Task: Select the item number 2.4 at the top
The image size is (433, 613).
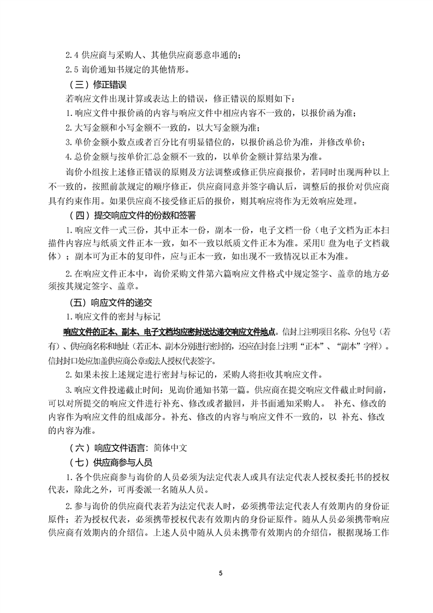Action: pos(72,54)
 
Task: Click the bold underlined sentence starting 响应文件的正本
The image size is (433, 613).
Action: pos(170,332)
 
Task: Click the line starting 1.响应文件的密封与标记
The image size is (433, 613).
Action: pos(112,317)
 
